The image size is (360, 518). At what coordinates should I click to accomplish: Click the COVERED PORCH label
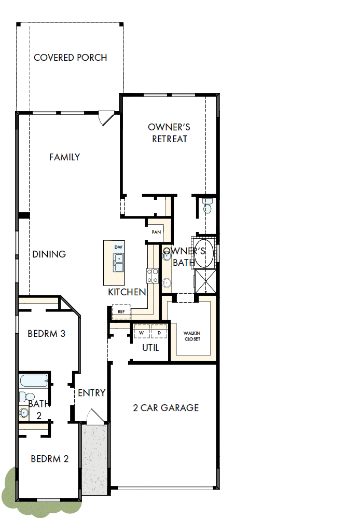click(x=71, y=58)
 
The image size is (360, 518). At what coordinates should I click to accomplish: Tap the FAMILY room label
click(x=65, y=157)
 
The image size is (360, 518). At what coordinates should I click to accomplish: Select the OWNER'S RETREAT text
click(x=169, y=133)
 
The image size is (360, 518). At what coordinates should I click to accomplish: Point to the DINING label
click(x=49, y=254)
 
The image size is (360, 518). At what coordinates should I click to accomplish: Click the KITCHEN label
click(x=127, y=292)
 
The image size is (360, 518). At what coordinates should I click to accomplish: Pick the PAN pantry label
click(x=156, y=232)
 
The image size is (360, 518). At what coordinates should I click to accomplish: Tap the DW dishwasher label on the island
click(x=118, y=247)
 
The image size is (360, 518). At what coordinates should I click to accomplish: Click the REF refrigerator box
click(x=121, y=312)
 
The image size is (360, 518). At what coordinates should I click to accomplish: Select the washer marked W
click(x=141, y=332)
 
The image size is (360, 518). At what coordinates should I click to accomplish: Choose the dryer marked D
click(x=159, y=332)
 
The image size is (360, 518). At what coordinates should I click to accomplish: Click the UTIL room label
click(x=150, y=348)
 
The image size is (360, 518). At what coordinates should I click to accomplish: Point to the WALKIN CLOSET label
click(x=192, y=336)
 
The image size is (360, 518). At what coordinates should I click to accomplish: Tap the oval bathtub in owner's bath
click(x=204, y=253)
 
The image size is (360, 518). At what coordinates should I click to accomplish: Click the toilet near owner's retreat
click(x=207, y=205)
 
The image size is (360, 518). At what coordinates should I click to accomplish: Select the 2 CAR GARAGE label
click(x=165, y=407)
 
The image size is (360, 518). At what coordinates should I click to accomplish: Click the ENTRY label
click(x=91, y=393)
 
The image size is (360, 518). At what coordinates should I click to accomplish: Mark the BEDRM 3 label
click(x=46, y=333)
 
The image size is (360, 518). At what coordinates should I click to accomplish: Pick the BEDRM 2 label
click(x=50, y=459)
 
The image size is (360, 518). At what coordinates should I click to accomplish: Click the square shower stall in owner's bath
click(x=205, y=281)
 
